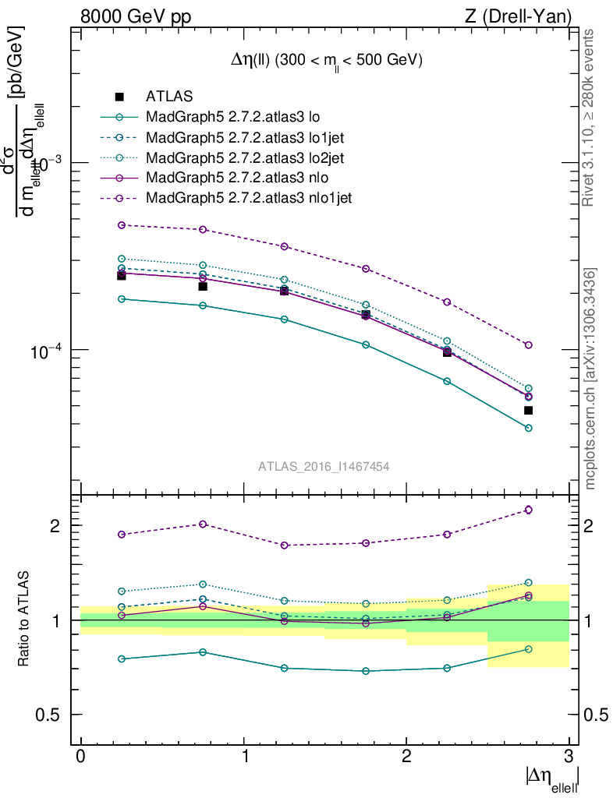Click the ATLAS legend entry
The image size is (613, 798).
169,97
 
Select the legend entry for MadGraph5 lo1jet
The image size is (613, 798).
246,137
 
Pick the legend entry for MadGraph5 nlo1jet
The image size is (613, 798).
249,198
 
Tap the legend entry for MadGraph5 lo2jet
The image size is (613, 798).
246,157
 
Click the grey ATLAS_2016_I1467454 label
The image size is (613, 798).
324,466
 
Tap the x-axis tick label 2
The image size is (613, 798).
406,756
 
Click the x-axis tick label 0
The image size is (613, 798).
81,756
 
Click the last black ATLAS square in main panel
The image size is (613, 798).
528,410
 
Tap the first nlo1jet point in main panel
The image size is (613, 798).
122,225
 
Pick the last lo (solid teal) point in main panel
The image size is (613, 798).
528,428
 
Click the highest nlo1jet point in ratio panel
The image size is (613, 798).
528,510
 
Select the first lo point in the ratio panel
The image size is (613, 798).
122,659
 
